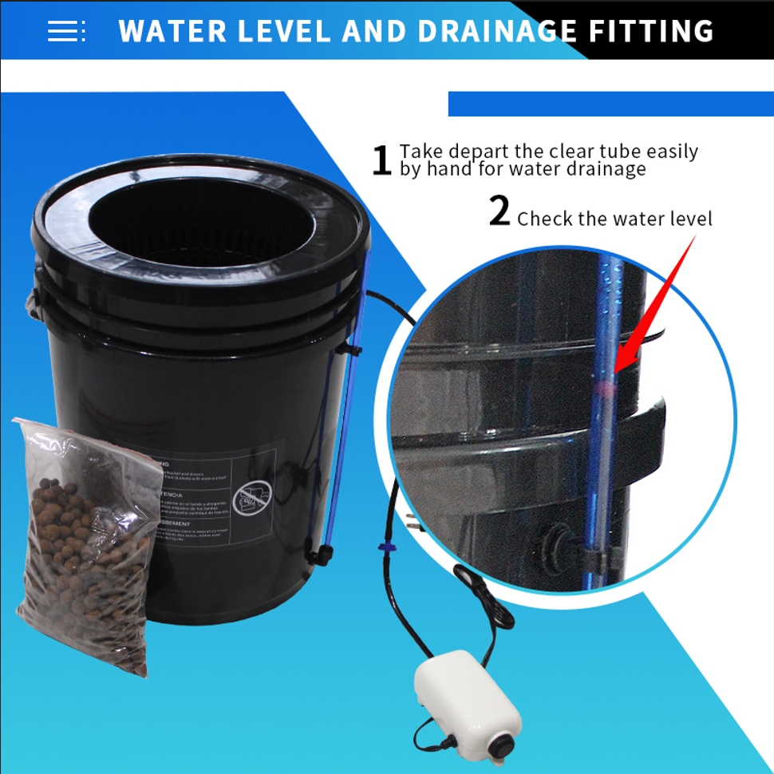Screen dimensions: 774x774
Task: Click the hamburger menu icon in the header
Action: coord(65,30)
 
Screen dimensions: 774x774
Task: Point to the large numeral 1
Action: coord(383,160)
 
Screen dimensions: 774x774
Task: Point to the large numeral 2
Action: coord(500,211)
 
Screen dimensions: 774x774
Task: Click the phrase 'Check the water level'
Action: coord(614,219)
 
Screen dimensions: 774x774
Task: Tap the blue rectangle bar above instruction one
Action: coord(610,104)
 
